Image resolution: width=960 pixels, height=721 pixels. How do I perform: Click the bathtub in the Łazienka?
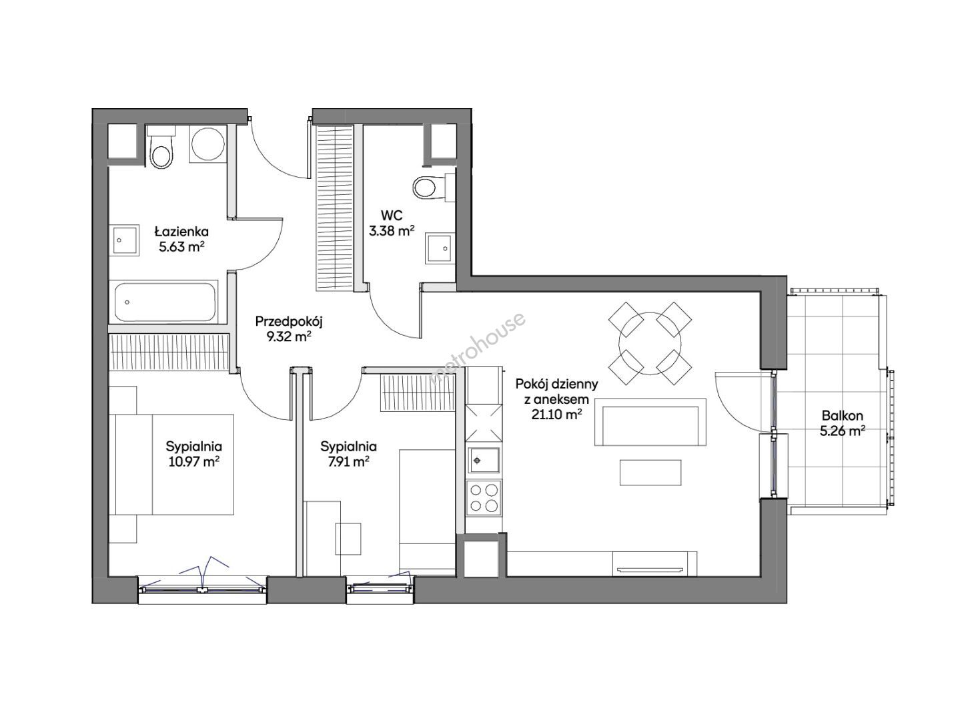(x=165, y=302)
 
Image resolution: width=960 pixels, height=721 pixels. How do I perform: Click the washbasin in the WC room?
(x=440, y=248)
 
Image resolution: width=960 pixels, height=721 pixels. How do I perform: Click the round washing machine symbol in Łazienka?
(x=208, y=144)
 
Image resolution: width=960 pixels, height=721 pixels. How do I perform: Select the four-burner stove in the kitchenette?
(x=483, y=497)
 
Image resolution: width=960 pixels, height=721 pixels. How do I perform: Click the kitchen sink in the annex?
(x=483, y=460)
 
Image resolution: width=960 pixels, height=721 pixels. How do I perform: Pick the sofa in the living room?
(x=650, y=422)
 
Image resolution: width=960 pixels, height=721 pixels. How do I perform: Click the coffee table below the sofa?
(x=650, y=472)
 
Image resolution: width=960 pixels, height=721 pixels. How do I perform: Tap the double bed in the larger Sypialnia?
(x=171, y=464)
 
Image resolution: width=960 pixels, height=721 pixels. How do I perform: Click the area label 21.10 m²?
(x=556, y=415)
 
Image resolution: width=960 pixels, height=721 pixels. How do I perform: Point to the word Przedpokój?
(x=289, y=322)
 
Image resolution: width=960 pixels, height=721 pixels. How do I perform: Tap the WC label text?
(x=392, y=215)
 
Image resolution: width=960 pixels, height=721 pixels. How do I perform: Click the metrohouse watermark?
(x=477, y=348)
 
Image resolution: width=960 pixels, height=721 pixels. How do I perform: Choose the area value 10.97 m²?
(x=193, y=461)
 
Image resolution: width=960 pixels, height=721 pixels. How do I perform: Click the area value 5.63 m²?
(x=182, y=247)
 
